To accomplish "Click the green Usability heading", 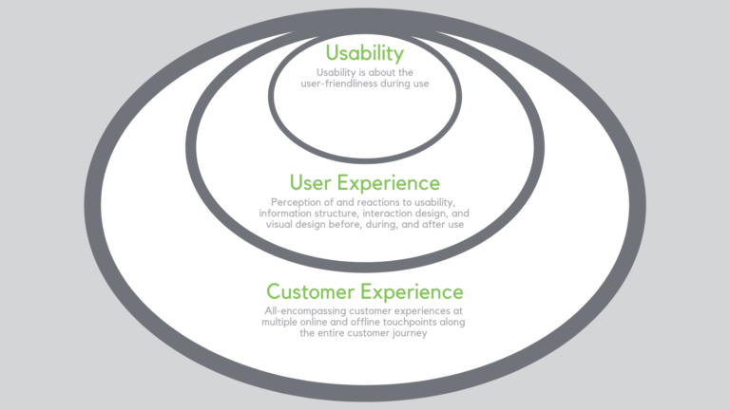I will click(x=364, y=53).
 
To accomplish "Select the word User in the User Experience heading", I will click(x=314, y=182).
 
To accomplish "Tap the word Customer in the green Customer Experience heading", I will click(x=310, y=291).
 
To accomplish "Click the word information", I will click(x=285, y=213).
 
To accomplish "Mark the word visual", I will click(x=279, y=224).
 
